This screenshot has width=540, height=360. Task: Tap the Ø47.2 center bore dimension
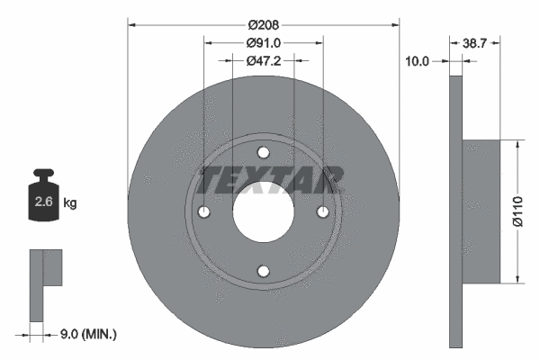[263, 60]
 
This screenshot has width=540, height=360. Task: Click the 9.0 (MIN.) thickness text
[87, 334]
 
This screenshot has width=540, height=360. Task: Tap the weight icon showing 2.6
[43, 198]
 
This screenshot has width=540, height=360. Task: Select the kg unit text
[70, 203]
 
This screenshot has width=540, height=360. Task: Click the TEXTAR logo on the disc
[269, 179]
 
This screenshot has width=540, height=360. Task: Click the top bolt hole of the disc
[263, 152]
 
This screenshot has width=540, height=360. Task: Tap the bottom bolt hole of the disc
[263, 271]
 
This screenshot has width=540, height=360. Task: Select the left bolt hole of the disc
[203, 211]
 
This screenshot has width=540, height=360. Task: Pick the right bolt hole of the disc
[322, 211]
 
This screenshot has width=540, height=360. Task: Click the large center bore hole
[263, 211]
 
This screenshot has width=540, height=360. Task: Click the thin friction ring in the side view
[454, 211]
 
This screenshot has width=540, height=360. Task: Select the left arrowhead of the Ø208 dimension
[132, 24]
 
